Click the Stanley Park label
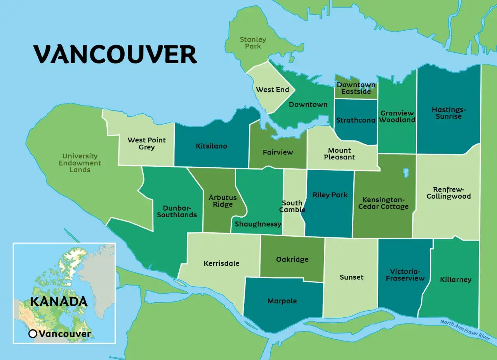pyautogui.click(x=253, y=43)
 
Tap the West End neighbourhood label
pyautogui.click(x=273, y=90)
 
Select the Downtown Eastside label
pyautogui.click(x=356, y=88)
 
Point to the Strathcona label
pyautogui.click(x=356, y=120)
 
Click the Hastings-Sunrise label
pyautogui.click(x=448, y=113)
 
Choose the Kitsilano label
pyautogui.click(x=211, y=146)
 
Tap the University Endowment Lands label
pyautogui.click(x=80, y=163)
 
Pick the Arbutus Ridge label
pyautogui.click(x=222, y=201)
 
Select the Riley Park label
pyautogui.click(x=330, y=195)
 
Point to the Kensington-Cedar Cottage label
pyautogui.click(x=383, y=203)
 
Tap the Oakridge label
pyautogui.click(x=292, y=259)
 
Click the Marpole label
pyautogui.click(x=282, y=301)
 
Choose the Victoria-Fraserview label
pyautogui.click(x=405, y=275)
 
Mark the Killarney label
pyautogui.click(x=455, y=279)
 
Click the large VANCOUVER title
pyautogui.click(x=115, y=54)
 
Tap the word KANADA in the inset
pyautogui.click(x=59, y=301)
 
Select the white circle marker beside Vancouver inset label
pyautogui.click(x=33, y=334)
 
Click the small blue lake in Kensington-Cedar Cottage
pyautogui.click(x=406, y=172)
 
